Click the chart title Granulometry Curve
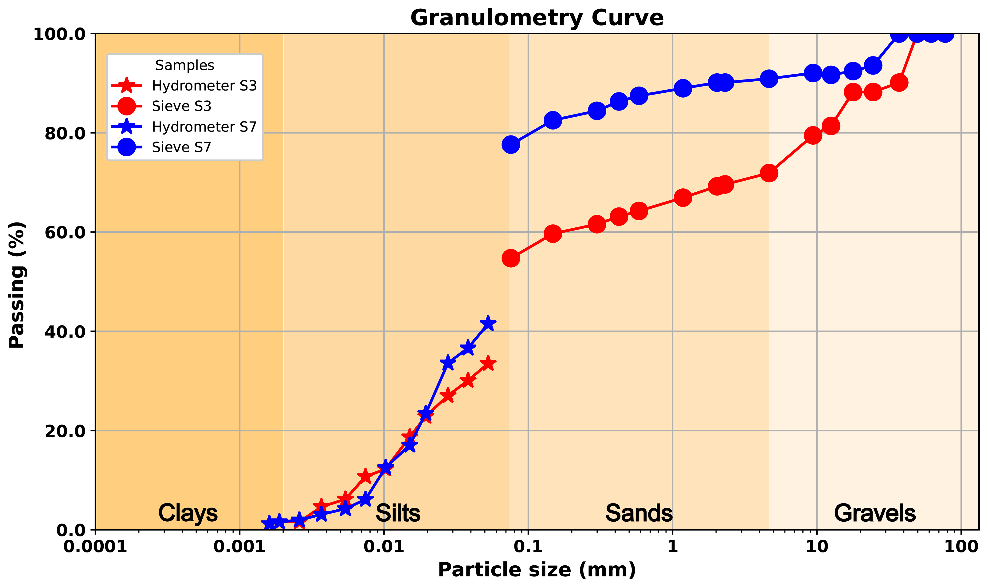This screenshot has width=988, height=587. (537, 18)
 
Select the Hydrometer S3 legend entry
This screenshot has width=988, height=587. (204, 86)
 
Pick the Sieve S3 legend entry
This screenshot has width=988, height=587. (181, 106)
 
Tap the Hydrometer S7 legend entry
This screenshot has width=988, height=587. (204, 127)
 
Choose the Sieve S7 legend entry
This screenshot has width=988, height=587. (181, 147)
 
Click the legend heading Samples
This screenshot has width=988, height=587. (184, 65)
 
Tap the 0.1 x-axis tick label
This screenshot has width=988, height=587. (528, 547)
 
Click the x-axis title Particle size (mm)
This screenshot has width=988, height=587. (537, 570)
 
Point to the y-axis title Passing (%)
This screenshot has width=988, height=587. (17, 285)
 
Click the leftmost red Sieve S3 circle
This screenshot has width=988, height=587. (511, 258)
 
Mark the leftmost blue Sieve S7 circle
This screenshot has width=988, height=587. (511, 145)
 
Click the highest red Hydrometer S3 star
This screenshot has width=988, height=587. (488, 364)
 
